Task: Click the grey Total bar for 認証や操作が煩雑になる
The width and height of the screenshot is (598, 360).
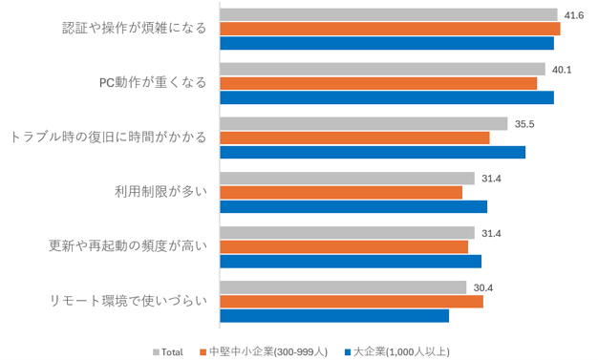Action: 389,15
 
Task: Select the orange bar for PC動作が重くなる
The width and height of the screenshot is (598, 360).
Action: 378,83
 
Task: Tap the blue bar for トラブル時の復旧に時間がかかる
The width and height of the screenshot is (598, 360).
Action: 373,152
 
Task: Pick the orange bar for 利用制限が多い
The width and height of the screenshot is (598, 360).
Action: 341,193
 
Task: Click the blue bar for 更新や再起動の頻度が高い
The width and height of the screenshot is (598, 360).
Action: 351,262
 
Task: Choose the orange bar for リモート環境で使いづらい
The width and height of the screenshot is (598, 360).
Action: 352,302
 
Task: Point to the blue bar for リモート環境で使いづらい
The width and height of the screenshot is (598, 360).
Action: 334,316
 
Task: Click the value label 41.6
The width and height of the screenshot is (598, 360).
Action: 574,15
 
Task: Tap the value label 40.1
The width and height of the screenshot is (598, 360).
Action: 562,70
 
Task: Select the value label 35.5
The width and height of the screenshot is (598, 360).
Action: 524,124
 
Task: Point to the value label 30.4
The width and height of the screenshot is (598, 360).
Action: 482,288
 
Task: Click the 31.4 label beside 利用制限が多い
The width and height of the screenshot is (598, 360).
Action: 491,179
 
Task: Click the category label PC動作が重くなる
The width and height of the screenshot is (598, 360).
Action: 153,83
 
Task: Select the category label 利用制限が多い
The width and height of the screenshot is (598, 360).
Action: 160,191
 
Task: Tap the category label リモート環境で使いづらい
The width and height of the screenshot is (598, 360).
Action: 129,301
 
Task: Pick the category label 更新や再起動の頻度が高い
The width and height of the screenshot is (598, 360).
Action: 128,246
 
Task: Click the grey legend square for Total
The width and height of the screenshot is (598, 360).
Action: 156,352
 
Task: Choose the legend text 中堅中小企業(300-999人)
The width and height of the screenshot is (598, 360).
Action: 268,352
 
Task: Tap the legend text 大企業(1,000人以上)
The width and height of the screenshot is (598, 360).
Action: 401,352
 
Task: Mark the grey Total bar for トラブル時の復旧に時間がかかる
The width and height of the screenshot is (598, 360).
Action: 364,124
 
